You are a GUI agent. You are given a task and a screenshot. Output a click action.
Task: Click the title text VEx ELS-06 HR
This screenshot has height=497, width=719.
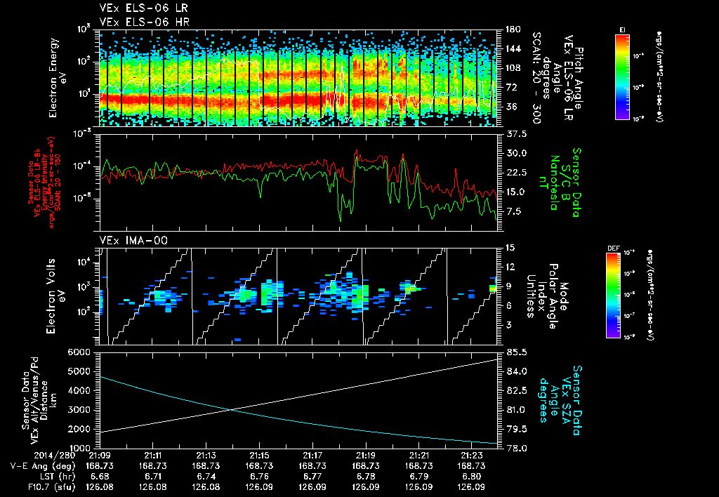point(137,21)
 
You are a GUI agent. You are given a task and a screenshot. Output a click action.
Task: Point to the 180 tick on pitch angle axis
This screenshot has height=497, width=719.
point(511,29)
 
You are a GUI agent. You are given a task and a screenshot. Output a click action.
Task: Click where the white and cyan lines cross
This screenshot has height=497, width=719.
point(230,410)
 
